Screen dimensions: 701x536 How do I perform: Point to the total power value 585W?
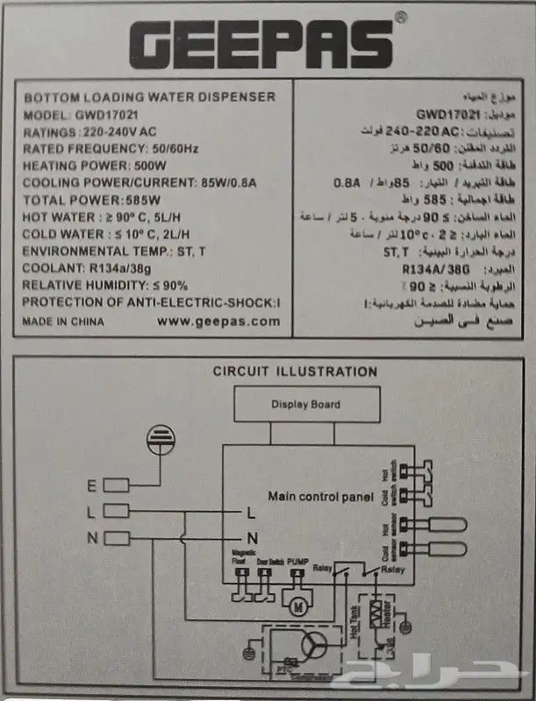123,200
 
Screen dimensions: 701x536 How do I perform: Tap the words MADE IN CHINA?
62,322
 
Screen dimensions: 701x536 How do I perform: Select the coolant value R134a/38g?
119,268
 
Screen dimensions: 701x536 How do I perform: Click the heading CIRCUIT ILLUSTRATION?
295,372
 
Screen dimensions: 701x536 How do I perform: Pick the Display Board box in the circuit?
304,405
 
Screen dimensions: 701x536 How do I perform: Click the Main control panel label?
320,497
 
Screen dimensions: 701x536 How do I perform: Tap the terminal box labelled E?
116,485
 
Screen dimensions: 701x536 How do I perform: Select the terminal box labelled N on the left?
116,538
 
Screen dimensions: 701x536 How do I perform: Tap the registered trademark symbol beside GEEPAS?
399,17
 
